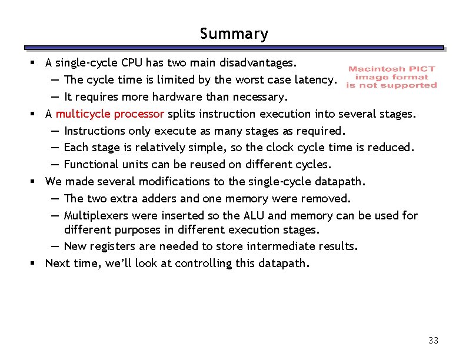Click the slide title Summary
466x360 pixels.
pyautogui.click(x=234, y=34)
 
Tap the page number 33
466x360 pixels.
pyautogui.click(x=434, y=341)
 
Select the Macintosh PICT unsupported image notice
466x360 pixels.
pyautogui.click(x=391, y=77)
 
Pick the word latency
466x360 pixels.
pyautogui.click(x=315, y=79)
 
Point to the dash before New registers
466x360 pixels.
pyautogui.click(x=54, y=246)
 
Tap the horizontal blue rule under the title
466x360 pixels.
pyautogui.click(x=234, y=48)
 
